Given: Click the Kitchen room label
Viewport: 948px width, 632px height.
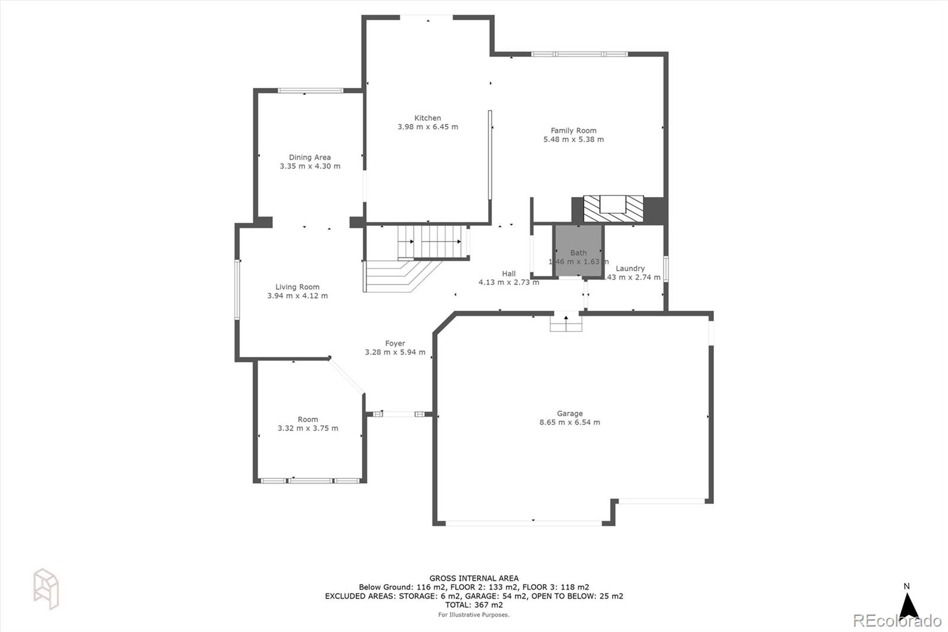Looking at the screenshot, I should click(x=427, y=118).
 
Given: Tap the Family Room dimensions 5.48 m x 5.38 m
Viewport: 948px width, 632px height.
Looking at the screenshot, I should click(x=574, y=140).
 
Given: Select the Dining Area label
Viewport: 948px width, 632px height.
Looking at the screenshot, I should click(x=310, y=157).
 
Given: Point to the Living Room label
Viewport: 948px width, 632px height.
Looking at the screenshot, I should click(x=297, y=287).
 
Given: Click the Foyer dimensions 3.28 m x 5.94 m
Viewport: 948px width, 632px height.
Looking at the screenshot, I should click(x=395, y=352).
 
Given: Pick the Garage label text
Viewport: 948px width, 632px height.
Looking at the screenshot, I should click(x=569, y=413).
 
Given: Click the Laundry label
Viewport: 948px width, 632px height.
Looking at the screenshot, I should click(x=630, y=269).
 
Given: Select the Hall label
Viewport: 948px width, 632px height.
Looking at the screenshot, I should click(x=509, y=274).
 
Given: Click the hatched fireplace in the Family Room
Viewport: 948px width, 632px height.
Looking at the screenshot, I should click(x=613, y=209).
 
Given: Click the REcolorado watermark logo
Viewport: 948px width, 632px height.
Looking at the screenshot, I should click(x=896, y=621).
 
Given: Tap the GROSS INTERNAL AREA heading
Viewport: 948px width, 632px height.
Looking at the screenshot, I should click(x=474, y=578).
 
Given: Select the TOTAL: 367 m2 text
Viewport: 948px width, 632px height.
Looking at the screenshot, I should click(x=474, y=605).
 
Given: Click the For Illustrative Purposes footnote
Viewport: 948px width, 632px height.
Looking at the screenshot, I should click(x=474, y=615).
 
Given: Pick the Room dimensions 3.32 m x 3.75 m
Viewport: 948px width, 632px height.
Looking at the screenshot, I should click(x=308, y=429).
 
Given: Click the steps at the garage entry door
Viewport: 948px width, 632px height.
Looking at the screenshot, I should click(x=566, y=323).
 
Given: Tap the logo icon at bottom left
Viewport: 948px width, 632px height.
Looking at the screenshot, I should click(x=46, y=589).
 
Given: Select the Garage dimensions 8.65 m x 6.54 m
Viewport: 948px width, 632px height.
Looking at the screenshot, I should click(x=569, y=423).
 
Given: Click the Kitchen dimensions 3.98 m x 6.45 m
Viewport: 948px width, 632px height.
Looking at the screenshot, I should click(x=427, y=127).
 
